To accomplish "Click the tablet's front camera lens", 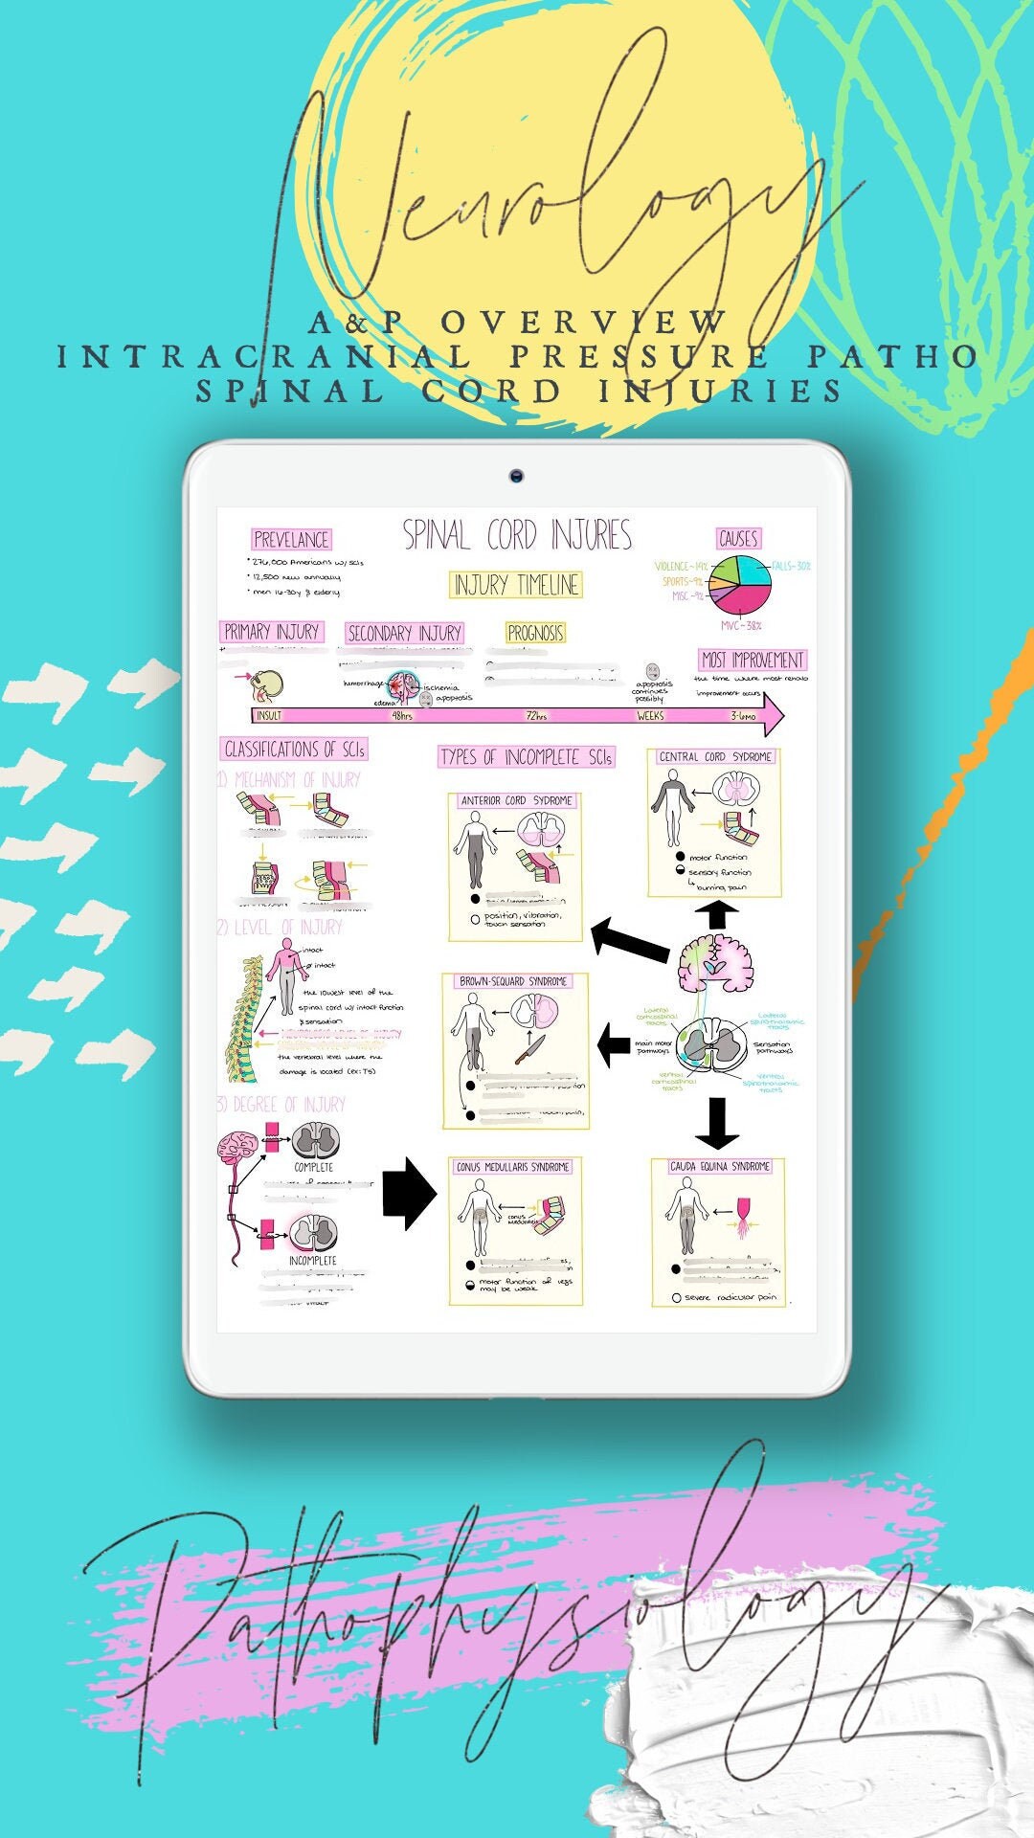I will click(x=516, y=476).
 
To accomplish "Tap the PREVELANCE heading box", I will click(x=291, y=539).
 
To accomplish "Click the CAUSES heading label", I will click(x=738, y=538).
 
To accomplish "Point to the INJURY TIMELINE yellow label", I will click(x=517, y=584).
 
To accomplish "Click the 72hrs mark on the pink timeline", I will click(x=536, y=716).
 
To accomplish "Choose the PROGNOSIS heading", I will click(x=535, y=633).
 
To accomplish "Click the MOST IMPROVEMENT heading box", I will click(x=753, y=660).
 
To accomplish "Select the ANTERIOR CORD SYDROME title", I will click(x=516, y=800).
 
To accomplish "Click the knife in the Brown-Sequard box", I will click(x=529, y=1048).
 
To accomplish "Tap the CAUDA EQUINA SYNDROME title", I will click(x=720, y=1166).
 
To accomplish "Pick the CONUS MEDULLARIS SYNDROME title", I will click(x=512, y=1167).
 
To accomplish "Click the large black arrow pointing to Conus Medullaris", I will click(x=408, y=1193).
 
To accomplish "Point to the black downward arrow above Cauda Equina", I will click(x=717, y=1123).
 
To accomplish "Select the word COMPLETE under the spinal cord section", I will click(x=313, y=1167).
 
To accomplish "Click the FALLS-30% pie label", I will click(x=790, y=566).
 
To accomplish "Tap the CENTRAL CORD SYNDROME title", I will click(x=714, y=756).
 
